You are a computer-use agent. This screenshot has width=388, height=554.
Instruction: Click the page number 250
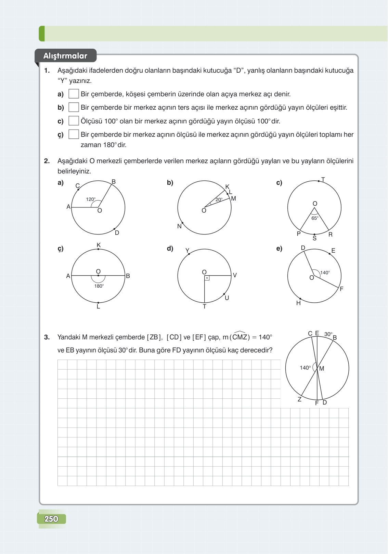click(51, 519)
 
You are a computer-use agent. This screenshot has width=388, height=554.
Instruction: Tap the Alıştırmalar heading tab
click(65, 56)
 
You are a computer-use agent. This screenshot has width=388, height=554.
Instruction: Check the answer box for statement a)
click(74, 94)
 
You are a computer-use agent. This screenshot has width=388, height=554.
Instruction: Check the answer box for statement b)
click(74, 107)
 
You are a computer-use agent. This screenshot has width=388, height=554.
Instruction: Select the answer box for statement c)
click(74, 121)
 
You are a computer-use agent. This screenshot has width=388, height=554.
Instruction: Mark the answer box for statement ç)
click(74, 134)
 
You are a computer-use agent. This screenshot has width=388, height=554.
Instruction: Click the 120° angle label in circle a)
click(91, 199)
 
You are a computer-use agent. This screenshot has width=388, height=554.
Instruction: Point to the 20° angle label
click(219, 200)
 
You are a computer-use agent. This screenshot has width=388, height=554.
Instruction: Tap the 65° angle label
click(315, 218)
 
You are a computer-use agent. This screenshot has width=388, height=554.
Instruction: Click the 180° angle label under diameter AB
click(99, 286)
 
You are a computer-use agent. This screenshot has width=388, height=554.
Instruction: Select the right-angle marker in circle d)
click(207, 278)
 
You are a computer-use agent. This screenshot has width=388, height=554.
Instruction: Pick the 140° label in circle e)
click(325, 273)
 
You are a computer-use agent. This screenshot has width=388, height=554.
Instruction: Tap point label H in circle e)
click(298, 303)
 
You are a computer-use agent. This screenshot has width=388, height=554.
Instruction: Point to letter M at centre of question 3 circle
click(322, 369)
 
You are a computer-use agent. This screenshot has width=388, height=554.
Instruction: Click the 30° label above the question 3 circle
click(328, 334)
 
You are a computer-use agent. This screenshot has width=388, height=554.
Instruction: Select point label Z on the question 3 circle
click(299, 399)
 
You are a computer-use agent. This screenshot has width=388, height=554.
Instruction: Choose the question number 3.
click(47, 337)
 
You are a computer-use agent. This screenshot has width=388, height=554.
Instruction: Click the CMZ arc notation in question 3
click(240, 337)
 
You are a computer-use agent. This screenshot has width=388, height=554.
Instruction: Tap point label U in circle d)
click(227, 298)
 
